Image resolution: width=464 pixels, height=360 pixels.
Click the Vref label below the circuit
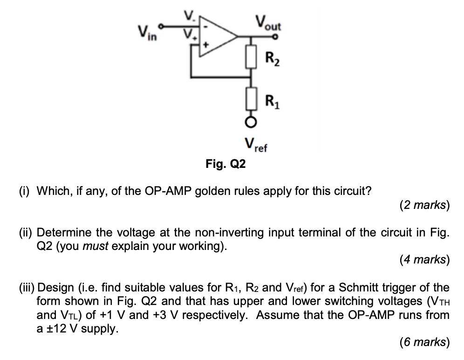click(x=255, y=145)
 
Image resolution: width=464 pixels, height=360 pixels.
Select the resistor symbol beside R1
click(x=252, y=99)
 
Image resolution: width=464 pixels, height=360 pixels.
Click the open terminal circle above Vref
click(x=252, y=123)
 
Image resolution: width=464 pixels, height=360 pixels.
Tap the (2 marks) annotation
click(x=424, y=205)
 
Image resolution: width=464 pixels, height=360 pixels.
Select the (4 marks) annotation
click(x=424, y=260)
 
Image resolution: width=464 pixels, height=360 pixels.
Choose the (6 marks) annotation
click(x=424, y=343)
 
